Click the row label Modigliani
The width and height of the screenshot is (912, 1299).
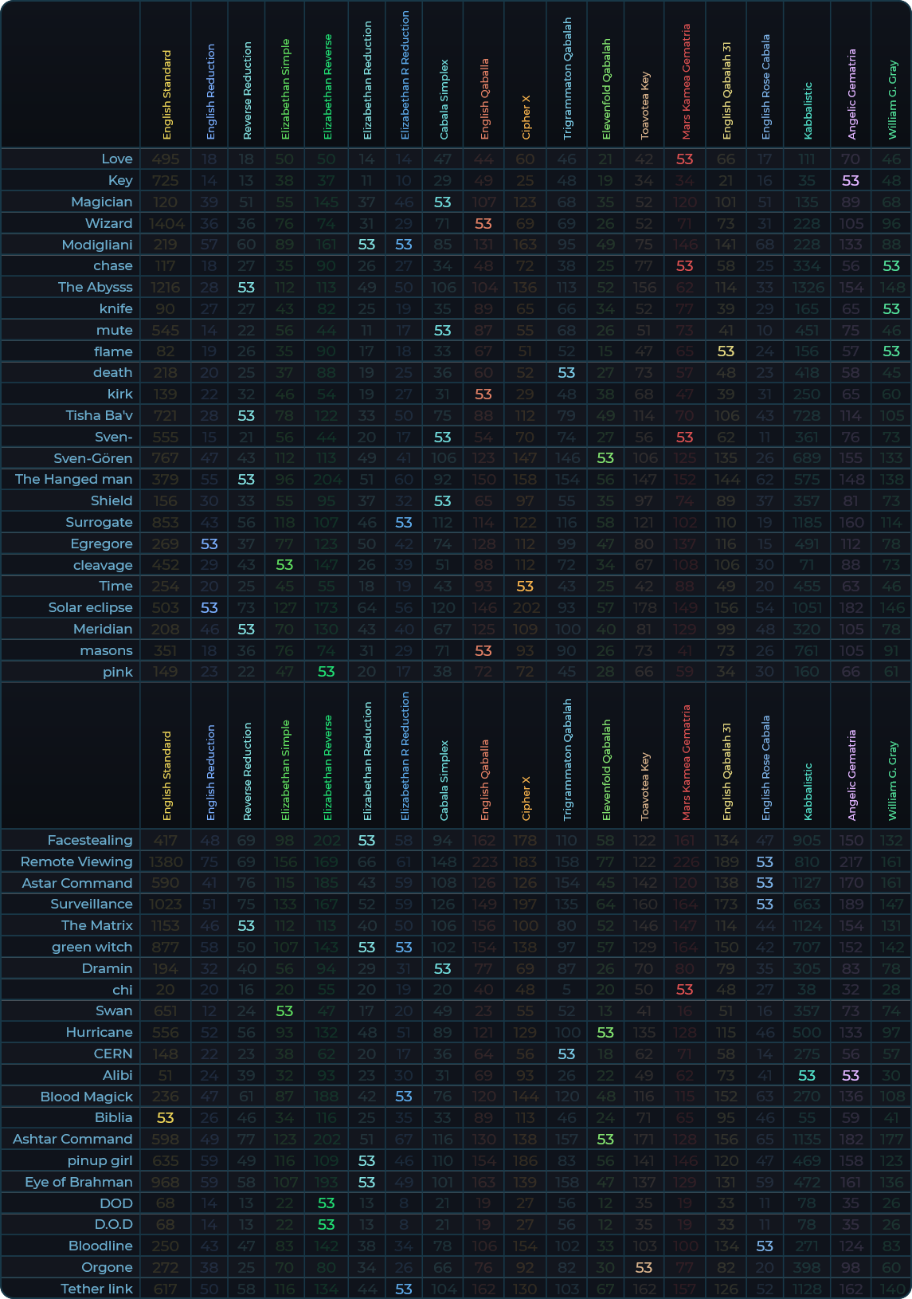point(97,245)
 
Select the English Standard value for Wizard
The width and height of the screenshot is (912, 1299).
point(166,223)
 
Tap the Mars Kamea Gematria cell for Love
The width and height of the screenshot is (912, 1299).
point(685,159)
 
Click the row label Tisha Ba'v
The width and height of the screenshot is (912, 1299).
point(100,415)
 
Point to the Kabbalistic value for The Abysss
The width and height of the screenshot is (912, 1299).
point(807,287)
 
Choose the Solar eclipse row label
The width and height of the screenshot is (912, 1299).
point(90,607)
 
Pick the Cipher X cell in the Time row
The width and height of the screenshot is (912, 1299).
point(525,586)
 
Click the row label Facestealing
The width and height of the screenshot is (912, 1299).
point(90,840)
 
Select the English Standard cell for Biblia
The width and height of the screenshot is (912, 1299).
point(166,1117)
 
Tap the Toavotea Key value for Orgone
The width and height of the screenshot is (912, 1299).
point(644,1267)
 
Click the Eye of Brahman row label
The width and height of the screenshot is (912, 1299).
point(79,1182)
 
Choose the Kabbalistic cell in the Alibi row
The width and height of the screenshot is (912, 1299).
point(807,1075)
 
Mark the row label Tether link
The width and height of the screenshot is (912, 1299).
point(96,1289)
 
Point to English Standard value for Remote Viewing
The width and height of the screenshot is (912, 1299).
point(166,861)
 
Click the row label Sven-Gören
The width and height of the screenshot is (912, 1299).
point(93,458)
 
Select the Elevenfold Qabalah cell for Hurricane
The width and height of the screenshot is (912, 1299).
point(605,1032)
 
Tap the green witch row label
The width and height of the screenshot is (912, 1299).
point(92,947)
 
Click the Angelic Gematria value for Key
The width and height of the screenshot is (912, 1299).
point(851,181)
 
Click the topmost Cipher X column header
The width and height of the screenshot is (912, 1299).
point(526,118)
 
